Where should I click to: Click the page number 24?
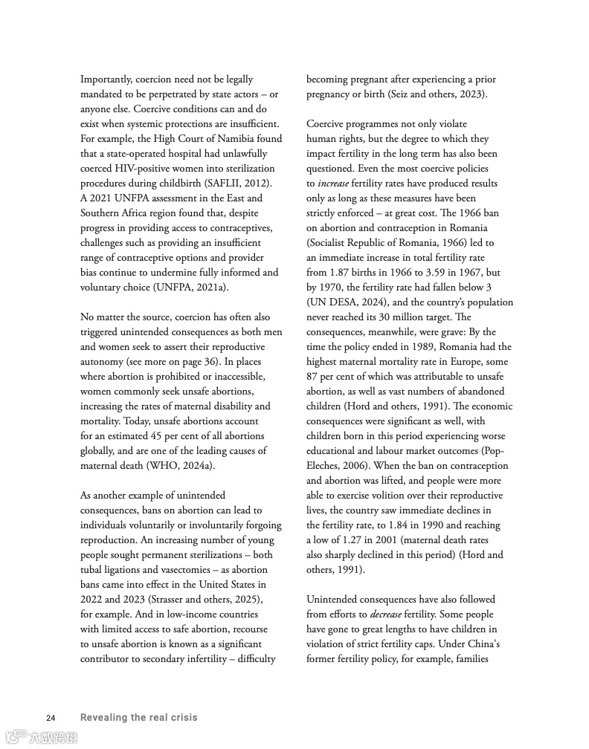click(x=51, y=718)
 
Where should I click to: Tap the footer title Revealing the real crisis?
click(x=138, y=718)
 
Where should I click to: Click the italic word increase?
click(x=332, y=184)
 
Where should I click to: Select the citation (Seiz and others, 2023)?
click(x=431, y=94)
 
